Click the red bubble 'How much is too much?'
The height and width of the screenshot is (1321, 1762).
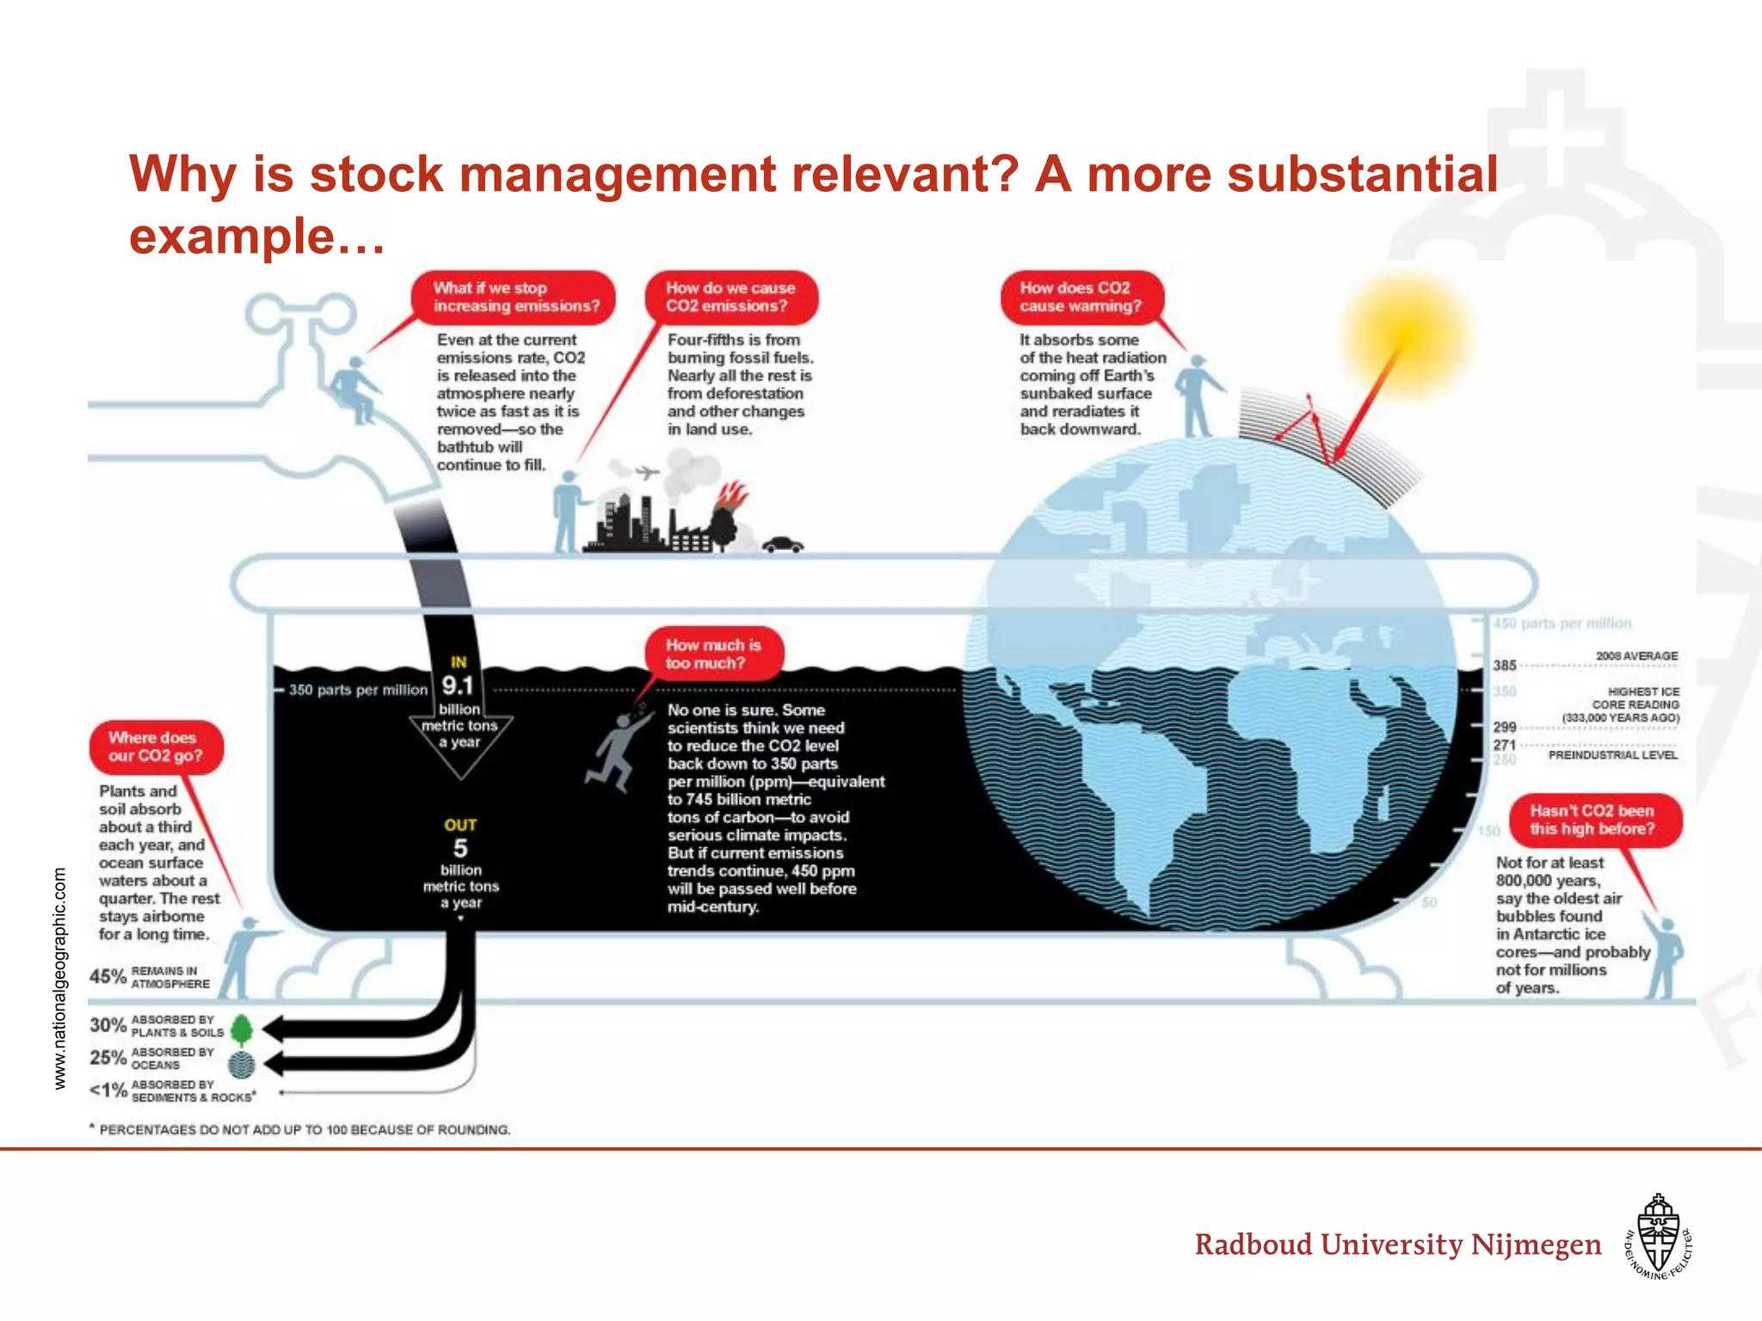[713, 654]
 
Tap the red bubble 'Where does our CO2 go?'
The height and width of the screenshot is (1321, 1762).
[156, 747]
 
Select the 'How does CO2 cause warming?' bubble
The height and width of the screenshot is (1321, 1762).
[1081, 298]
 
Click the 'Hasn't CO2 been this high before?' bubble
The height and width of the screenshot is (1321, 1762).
[1593, 820]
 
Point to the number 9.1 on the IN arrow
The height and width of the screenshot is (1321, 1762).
[458, 686]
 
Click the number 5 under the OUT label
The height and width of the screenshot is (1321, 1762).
[460, 848]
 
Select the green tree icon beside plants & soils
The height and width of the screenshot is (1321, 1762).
[242, 1029]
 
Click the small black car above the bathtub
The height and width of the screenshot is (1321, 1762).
[782, 544]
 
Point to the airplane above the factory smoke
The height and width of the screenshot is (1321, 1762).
[646, 472]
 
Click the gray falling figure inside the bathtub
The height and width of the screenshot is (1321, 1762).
[616, 747]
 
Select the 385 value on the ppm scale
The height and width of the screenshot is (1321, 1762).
[1504, 665]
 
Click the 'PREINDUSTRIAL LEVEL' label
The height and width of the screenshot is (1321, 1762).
[1612, 755]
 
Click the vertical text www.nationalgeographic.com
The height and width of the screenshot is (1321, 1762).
[59, 978]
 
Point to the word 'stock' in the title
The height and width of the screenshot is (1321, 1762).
[376, 175]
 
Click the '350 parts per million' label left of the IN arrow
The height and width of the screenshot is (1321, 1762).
[358, 690]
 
